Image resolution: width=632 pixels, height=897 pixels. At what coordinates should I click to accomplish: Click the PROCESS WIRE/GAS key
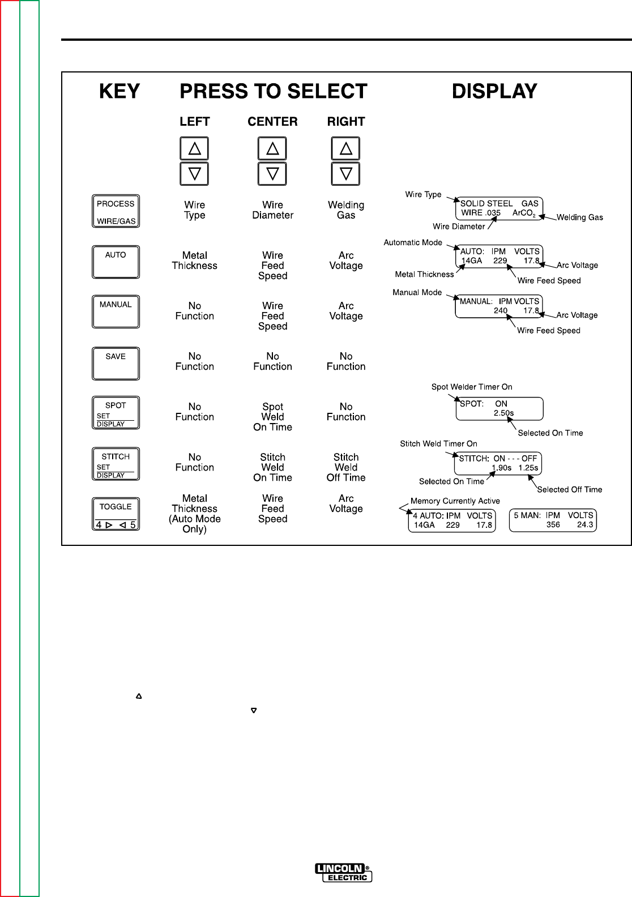(116, 211)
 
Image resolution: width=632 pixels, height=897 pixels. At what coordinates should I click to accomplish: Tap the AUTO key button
(116, 261)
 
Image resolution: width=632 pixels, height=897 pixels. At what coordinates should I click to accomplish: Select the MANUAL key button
(116, 311)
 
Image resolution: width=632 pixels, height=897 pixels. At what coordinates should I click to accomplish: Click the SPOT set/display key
(116, 413)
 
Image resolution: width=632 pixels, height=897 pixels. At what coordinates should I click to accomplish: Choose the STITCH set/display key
(116, 464)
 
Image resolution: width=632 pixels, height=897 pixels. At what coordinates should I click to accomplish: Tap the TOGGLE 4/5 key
(116, 514)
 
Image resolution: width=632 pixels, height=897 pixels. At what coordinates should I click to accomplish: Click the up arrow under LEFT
(194, 149)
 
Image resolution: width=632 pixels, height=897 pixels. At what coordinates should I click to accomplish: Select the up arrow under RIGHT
(346, 149)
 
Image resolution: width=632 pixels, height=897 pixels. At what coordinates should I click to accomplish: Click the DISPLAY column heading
(494, 91)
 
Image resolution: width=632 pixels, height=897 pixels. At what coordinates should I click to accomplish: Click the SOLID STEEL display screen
(499, 208)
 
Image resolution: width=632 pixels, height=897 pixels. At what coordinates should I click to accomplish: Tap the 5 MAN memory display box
(553, 520)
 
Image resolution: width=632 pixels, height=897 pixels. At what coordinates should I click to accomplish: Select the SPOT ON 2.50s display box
(499, 408)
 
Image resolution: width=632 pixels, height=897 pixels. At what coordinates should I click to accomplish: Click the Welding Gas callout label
(579, 217)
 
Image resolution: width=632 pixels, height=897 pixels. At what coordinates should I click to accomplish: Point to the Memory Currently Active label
(455, 501)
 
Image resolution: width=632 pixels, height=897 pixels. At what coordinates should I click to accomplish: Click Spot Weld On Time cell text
(272, 417)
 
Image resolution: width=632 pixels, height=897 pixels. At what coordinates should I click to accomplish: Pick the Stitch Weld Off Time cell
(346, 467)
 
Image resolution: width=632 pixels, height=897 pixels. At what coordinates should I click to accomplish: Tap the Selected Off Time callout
(569, 489)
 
